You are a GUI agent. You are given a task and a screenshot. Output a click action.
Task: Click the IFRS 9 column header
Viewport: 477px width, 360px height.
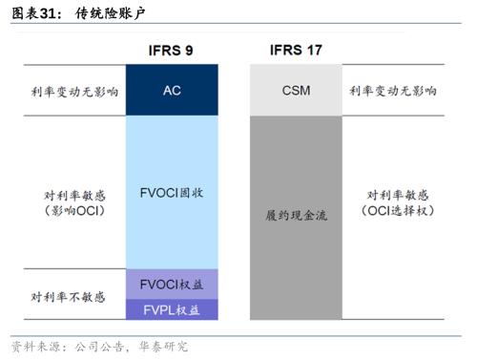tap(172, 50)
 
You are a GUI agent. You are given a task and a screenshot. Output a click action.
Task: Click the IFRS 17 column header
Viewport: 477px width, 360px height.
tap(296, 50)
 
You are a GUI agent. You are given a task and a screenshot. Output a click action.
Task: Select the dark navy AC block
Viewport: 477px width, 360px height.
tap(172, 91)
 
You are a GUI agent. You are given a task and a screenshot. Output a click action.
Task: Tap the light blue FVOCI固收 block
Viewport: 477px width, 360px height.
tap(172, 192)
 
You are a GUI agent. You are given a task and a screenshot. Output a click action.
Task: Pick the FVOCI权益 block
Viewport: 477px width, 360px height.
tap(172, 284)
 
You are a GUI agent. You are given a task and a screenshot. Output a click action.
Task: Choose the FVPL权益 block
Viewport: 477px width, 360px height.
tap(172, 309)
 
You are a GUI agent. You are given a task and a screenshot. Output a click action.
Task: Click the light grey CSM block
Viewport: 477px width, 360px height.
tap(296, 91)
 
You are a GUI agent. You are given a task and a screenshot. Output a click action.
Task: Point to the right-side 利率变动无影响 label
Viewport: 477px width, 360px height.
tap(392, 92)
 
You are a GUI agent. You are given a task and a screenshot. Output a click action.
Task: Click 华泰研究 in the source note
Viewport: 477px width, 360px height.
tap(163, 346)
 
